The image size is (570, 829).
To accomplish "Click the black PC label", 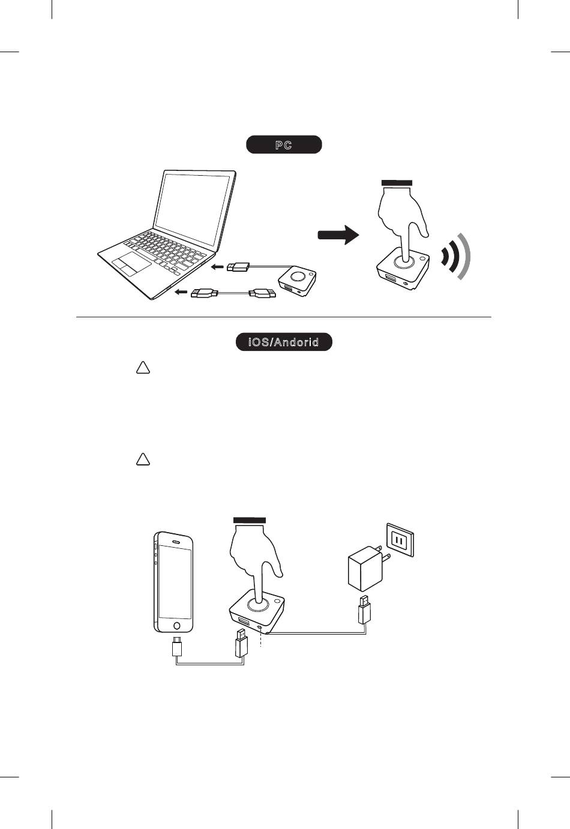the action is (284, 145).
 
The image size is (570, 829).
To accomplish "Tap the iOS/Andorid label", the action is (283, 343).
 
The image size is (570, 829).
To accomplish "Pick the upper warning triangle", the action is (142, 368).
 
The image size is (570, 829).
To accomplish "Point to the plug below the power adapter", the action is (364, 610).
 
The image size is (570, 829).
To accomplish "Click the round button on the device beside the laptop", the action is (298, 277).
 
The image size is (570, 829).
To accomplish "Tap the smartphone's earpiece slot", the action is (175, 539).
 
